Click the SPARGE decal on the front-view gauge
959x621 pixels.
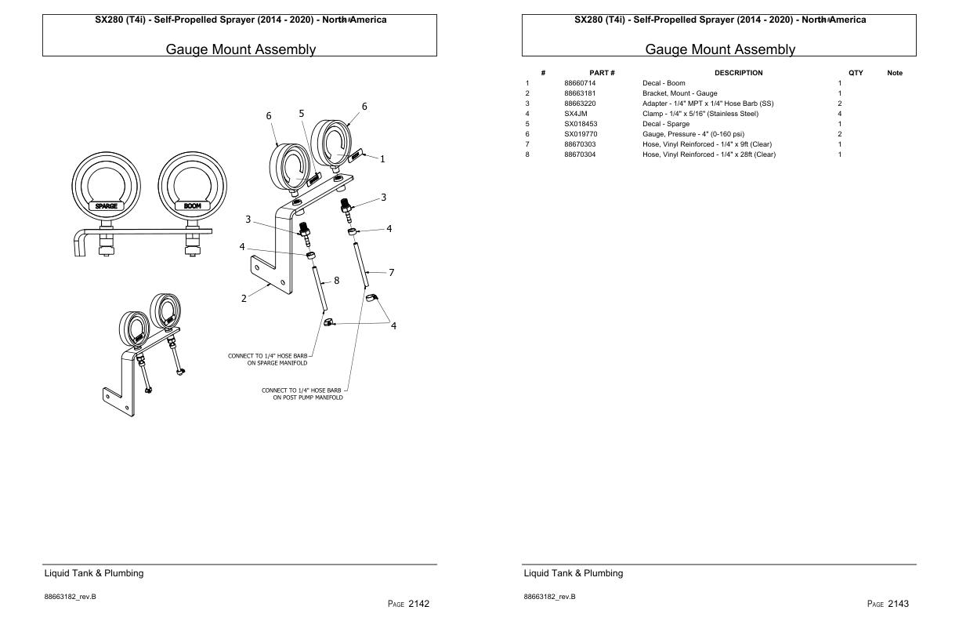(106, 206)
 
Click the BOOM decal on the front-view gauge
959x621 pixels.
(192, 206)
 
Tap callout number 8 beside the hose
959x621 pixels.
(337, 280)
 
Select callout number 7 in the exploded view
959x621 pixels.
(391, 273)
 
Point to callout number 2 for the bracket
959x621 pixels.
(244, 298)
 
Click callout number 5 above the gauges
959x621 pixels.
(302, 114)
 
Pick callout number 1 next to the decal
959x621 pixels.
(382, 159)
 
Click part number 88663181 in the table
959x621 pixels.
(580, 93)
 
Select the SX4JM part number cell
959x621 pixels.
(576, 114)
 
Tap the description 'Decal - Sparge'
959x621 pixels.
(666, 124)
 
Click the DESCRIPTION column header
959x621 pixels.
(738, 73)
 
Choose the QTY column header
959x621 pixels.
(856, 73)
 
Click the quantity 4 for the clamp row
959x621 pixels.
(840, 114)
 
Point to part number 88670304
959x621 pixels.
(580, 154)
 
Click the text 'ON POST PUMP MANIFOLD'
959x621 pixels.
(307, 398)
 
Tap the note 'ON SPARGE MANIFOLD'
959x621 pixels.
(277, 363)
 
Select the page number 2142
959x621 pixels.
(409, 604)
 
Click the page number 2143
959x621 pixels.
(888, 604)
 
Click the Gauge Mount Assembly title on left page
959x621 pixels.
(241, 49)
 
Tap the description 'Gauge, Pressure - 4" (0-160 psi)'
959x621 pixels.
(693, 134)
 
